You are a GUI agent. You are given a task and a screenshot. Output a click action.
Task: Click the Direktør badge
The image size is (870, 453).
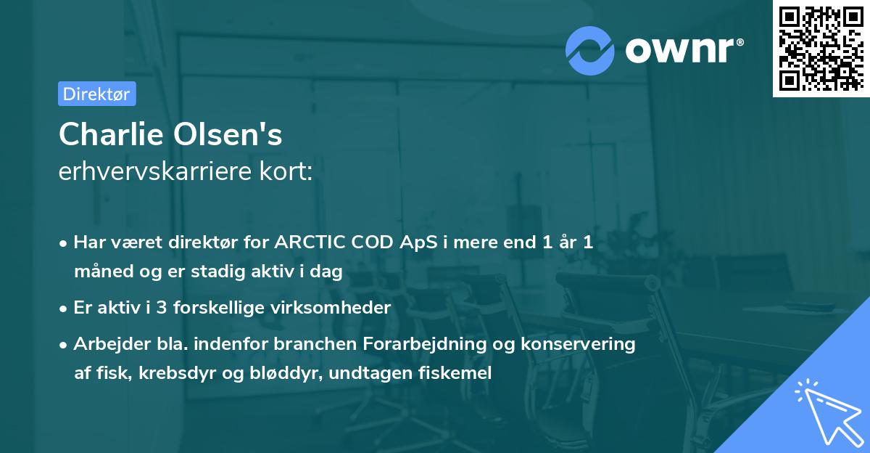pyautogui.click(x=96, y=94)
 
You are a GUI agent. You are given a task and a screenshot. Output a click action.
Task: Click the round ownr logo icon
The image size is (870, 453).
pyautogui.click(x=591, y=50)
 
